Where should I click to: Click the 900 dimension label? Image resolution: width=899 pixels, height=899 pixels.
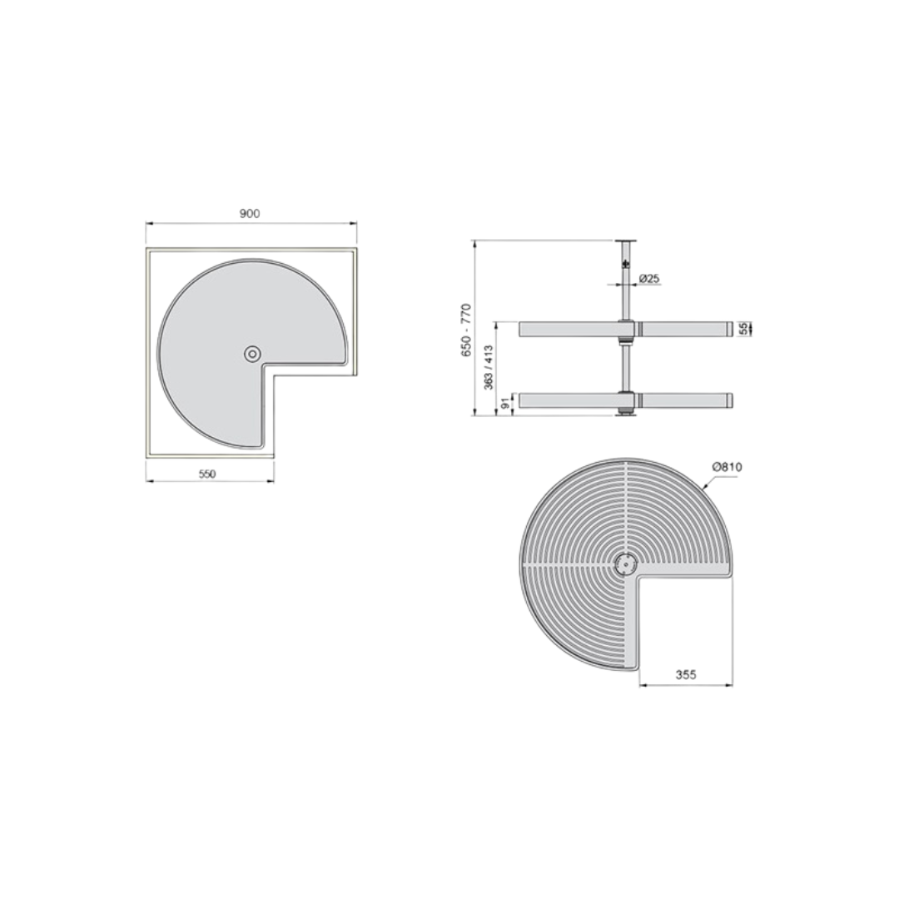click(250, 213)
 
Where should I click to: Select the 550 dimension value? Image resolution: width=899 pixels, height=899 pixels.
click(206, 474)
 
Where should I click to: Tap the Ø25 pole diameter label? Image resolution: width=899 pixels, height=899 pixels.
click(649, 279)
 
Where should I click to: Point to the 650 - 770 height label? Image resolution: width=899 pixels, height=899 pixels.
click(466, 331)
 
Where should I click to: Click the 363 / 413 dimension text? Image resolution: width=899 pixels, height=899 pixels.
click(488, 368)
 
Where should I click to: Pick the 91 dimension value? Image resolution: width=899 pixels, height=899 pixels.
click(505, 404)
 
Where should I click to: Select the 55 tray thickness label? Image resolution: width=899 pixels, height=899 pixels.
click(743, 329)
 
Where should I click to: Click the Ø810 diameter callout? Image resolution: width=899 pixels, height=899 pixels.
click(727, 467)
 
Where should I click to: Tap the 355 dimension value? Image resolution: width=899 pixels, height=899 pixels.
click(686, 674)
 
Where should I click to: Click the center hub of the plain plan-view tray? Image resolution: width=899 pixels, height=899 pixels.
click(251, 354)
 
